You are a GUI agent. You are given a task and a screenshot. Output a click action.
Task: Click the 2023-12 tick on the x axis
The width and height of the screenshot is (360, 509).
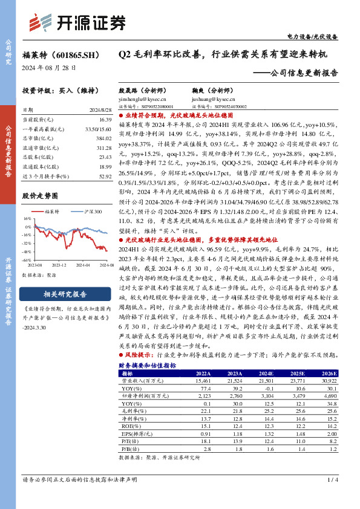pyautogui.click(x=59, y=265)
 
